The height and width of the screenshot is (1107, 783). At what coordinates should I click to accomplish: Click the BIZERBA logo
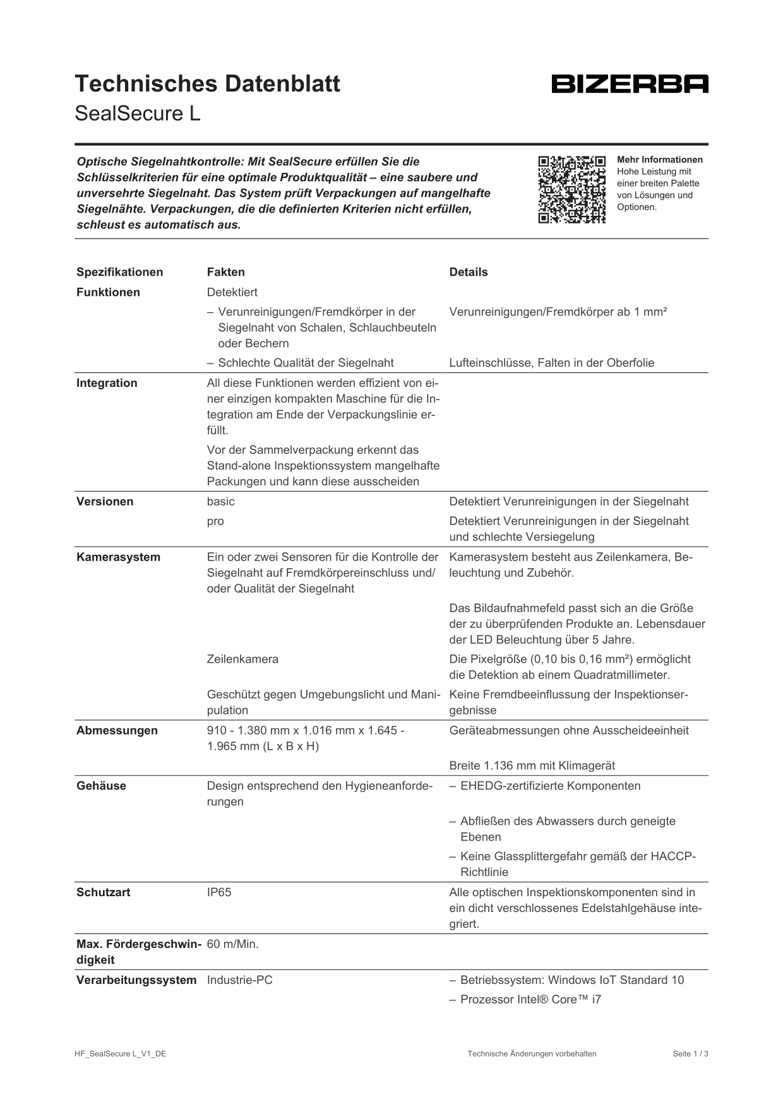point(630,84)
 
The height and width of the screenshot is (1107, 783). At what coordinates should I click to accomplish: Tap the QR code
point(571,189)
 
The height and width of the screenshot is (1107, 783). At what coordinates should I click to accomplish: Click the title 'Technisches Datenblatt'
point(207,84)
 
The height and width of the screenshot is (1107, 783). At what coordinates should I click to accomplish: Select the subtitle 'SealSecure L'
point(137,114)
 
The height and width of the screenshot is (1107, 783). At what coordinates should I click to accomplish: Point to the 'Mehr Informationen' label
point(659,160)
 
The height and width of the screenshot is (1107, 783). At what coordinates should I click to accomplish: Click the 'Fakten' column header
point(225,272)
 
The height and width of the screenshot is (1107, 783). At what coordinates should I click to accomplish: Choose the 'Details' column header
point(468,272)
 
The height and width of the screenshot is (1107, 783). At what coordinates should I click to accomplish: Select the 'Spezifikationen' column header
point(119,272)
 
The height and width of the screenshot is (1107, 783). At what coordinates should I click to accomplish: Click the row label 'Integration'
point(106,383)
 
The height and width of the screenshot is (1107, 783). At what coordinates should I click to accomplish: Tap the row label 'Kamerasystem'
point(118,557)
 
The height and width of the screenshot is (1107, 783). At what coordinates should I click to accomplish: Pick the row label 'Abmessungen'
point(117,731)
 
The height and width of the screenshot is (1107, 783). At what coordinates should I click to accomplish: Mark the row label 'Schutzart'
point(103,892)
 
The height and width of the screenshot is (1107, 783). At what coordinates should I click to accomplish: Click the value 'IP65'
point(218,892)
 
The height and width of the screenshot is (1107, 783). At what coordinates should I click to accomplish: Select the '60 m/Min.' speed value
point(232,944)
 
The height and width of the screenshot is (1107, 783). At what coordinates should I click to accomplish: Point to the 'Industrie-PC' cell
point(239,980)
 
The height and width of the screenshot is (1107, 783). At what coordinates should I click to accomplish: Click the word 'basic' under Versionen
point(220,502)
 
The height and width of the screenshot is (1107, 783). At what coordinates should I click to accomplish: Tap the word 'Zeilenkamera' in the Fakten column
point(242,659)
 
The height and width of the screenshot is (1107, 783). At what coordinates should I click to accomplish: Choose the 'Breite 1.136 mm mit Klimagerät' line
point(532,766)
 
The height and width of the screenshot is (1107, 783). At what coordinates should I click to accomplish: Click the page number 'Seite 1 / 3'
point(690,1053)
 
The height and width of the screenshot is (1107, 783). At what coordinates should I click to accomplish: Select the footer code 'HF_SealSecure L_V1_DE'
point(120,1053)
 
